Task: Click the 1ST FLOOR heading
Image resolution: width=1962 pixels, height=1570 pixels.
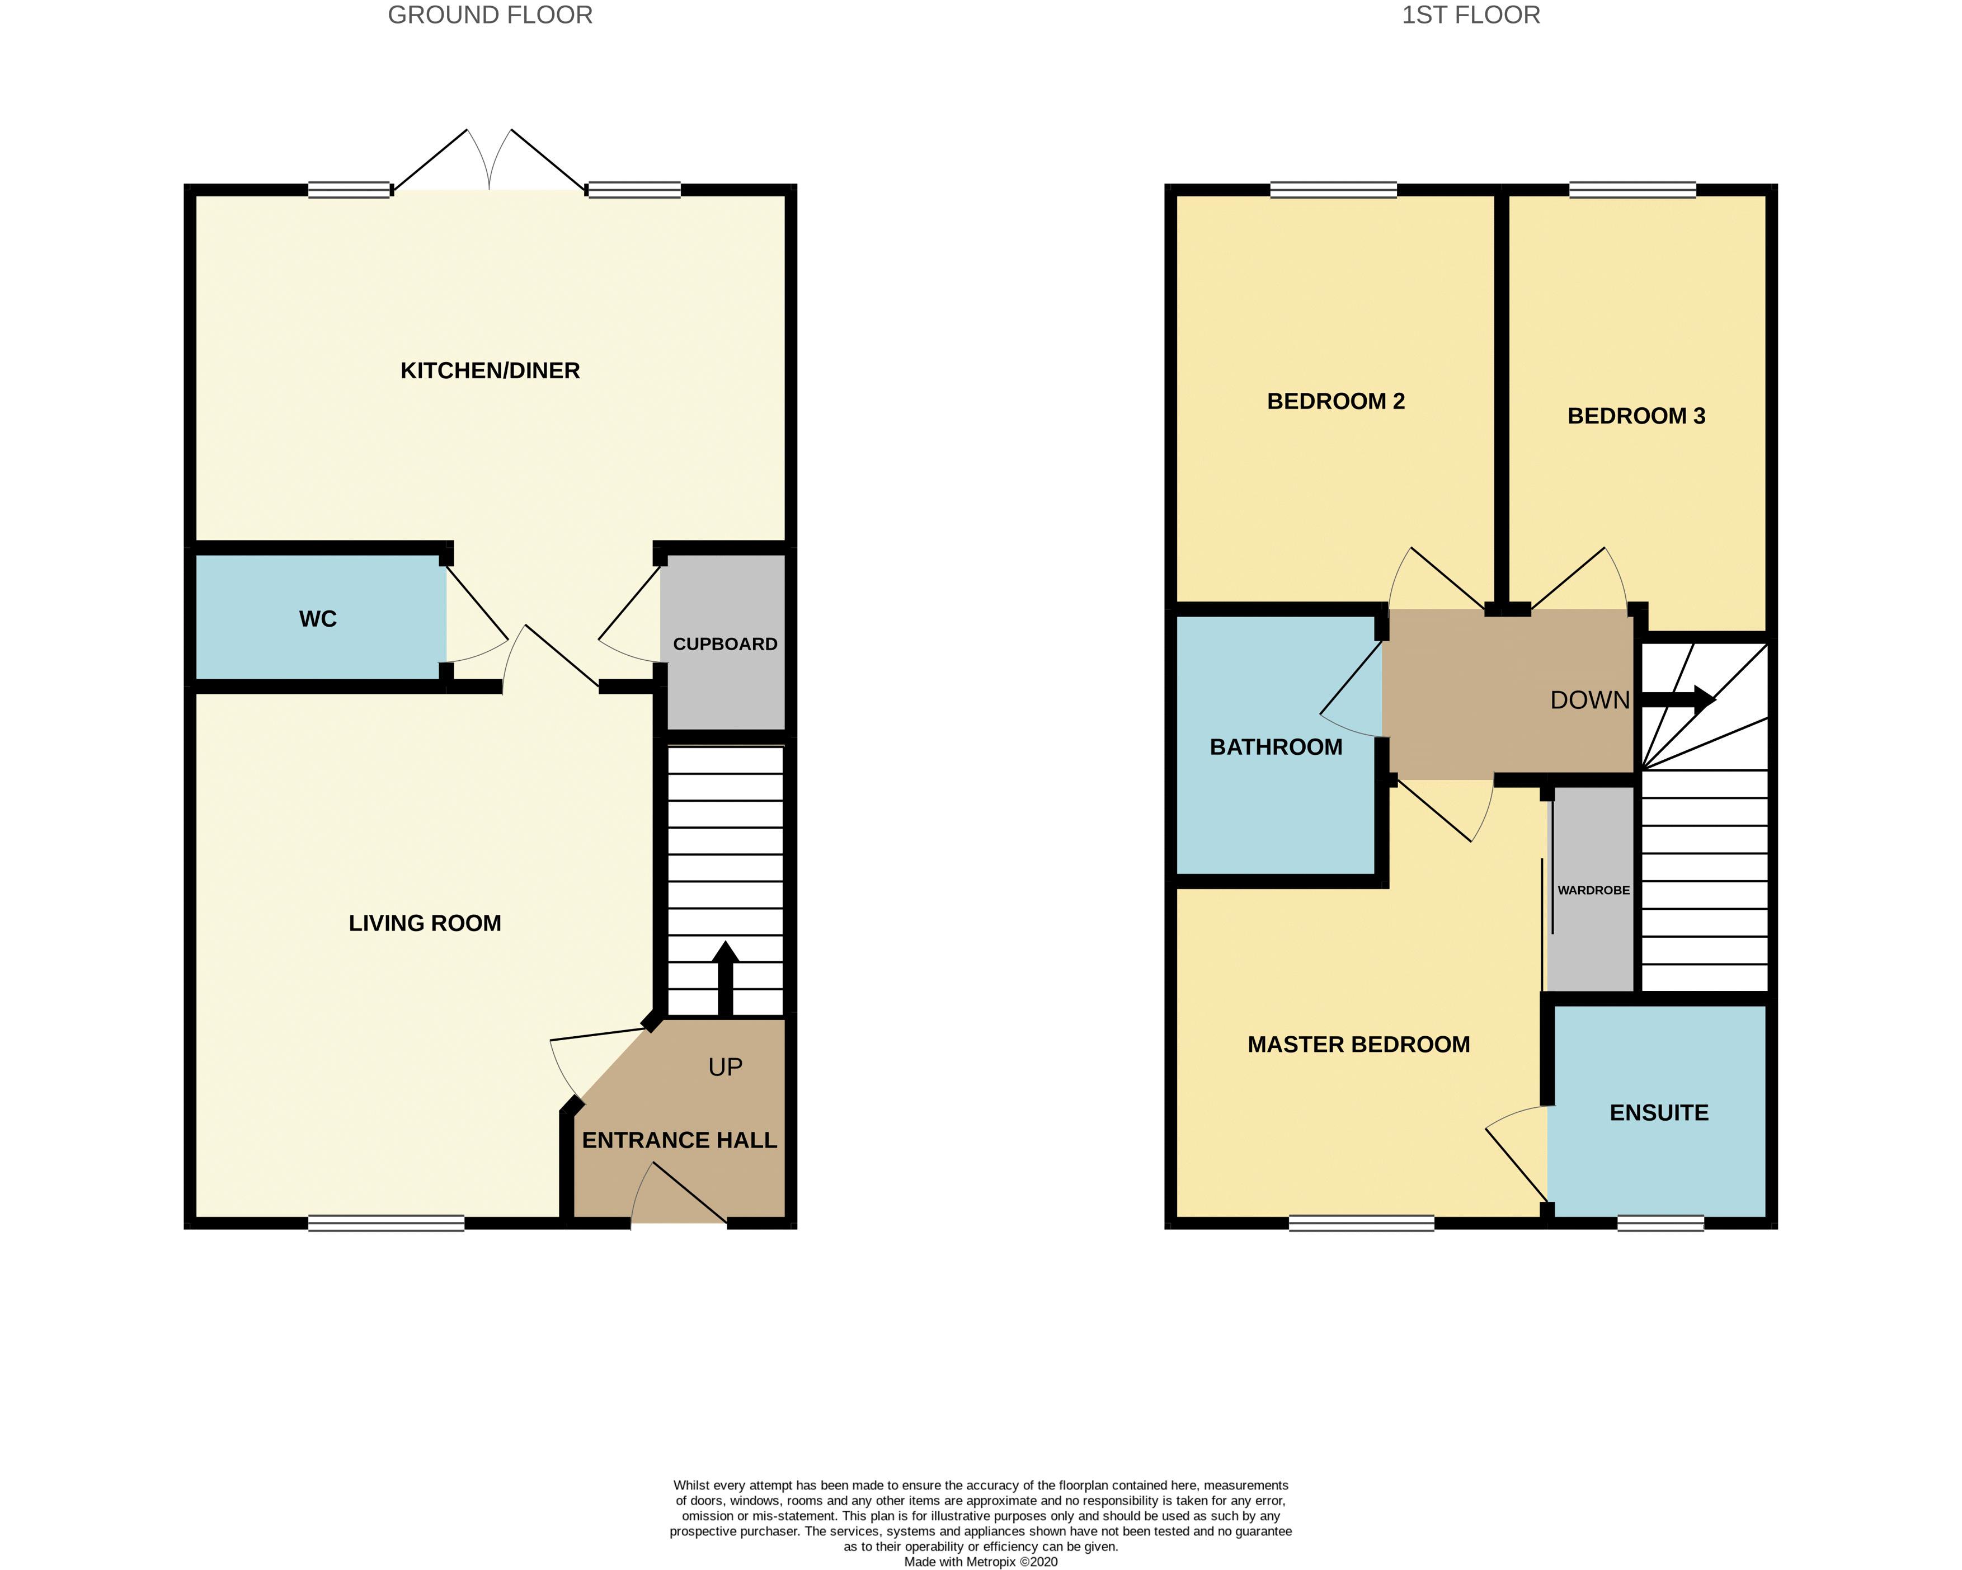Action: pyautogui.click(x=1471, y=16)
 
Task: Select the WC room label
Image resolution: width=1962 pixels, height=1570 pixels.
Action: pyautogui.click(x=318, y=619)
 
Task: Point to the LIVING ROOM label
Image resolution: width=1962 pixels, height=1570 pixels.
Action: pyautogui.click(x=425, y=923)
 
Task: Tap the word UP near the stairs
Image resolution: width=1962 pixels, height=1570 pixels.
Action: pyautogui.click(x=725, y=1066)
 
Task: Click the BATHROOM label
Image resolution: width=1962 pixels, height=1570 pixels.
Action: pyautogui.click(x=1276, y=747)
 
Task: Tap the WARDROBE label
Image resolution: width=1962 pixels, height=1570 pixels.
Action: pyautogui.click(x=1593, y=890)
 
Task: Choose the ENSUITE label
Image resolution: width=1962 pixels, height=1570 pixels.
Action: pyautogui.click(x=1658, y=1112)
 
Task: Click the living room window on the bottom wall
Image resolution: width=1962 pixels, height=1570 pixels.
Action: pyautogui.click(x=386, y=1224)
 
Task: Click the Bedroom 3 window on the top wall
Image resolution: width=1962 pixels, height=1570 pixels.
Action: pyautogui.click(x=1632, y=190)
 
